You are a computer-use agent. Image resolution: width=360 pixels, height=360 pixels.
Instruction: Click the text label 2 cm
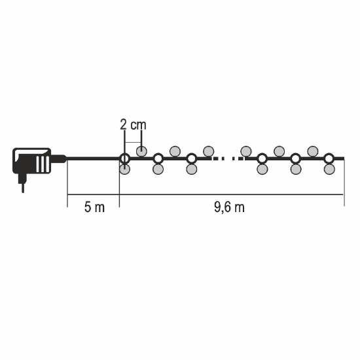click(133, 125)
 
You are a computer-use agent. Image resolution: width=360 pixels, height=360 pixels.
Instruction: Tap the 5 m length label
click(94, 207)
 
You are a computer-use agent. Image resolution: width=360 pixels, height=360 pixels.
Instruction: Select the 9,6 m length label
click(229, 207)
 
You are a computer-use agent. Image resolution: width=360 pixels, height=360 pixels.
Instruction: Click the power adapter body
click(31, 161)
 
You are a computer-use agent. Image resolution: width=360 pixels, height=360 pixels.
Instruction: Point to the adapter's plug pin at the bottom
click(23, 188)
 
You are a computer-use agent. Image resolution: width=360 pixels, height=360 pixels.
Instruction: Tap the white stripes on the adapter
click(43, 164)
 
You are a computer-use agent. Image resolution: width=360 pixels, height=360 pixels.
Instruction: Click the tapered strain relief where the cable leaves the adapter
click(58, 158)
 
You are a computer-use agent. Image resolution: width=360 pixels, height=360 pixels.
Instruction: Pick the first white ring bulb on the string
click(124, 158)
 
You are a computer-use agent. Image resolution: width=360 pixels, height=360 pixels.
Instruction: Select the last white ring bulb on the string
click(329, 158)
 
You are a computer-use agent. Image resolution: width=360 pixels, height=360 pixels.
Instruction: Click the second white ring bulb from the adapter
click(158, 158)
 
